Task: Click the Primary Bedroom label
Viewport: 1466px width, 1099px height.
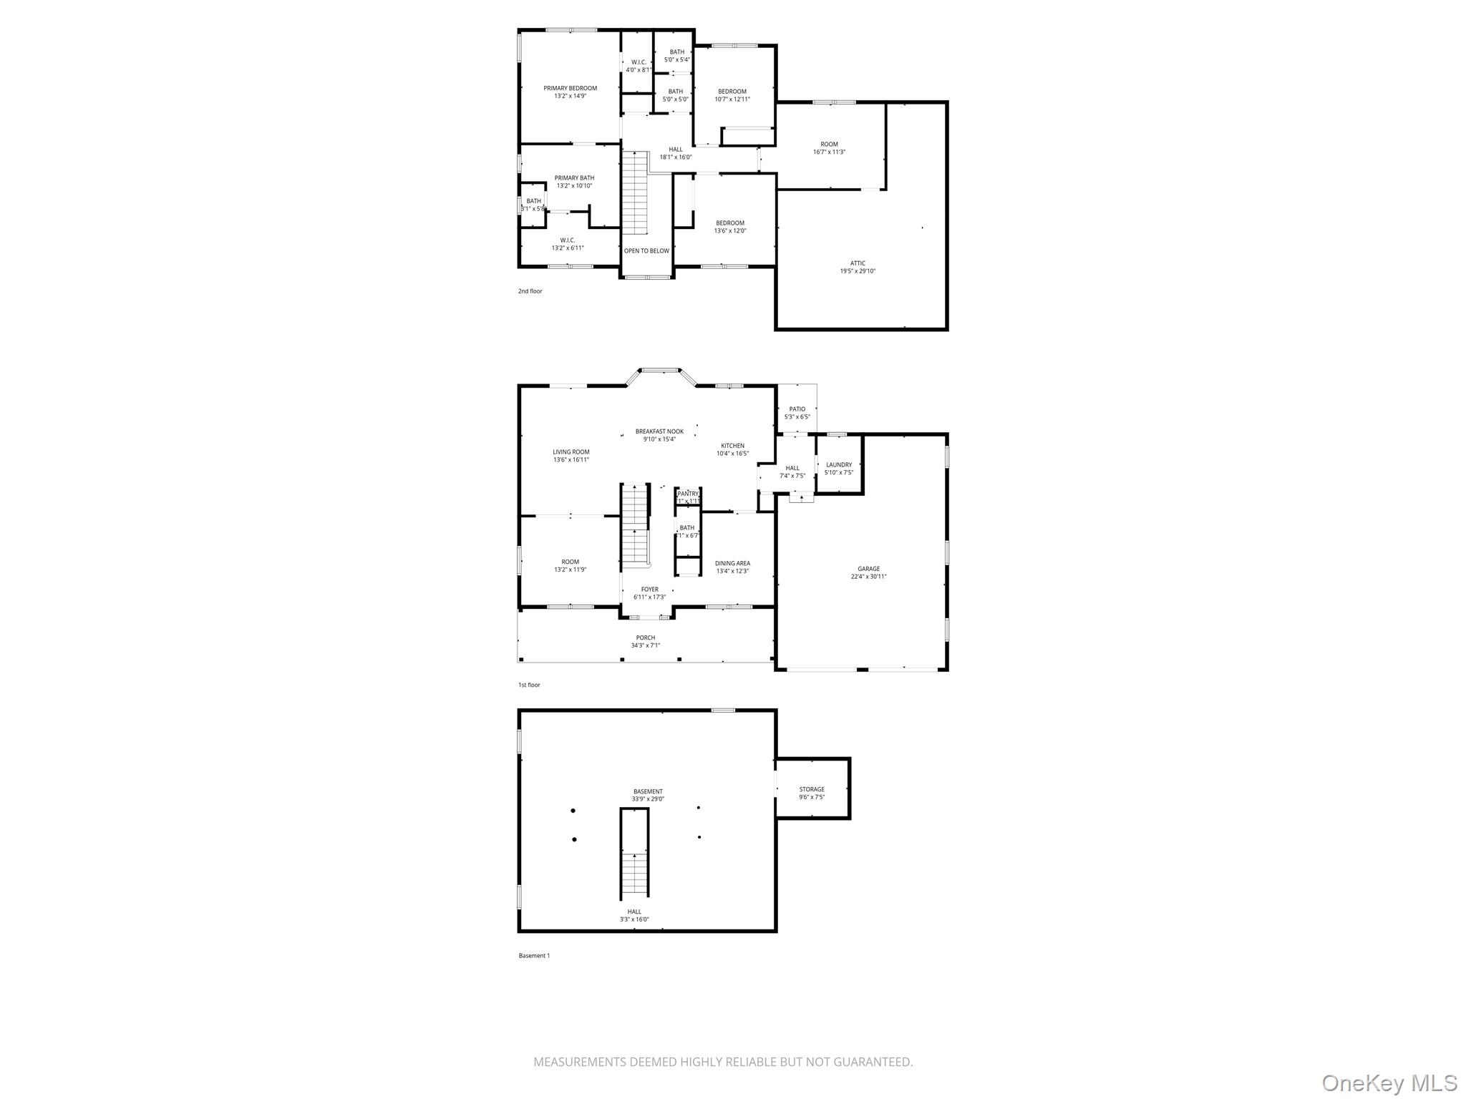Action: (x=570, y=89)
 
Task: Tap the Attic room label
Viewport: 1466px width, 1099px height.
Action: (x=858, y=263)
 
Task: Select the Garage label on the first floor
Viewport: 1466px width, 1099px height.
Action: (x=869, y=569)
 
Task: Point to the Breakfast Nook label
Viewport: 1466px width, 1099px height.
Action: (x=659, y=431)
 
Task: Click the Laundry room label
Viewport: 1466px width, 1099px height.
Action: (x=839, y=465)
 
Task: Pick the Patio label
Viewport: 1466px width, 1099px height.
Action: (x=797, y=409)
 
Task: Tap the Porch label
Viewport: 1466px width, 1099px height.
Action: (x=646, y=638)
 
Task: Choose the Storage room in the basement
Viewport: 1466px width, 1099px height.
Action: (x=812, y=789)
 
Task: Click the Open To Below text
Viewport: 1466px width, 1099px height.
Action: (x=646, y=251)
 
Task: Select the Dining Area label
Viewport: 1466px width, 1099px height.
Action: (x=732, y=563)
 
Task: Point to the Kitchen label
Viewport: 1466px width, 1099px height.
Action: (x=732, y=446)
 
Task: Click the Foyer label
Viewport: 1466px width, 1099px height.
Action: (x=649, y=590)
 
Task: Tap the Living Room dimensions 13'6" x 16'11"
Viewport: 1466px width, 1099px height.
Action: (x=571, y=460)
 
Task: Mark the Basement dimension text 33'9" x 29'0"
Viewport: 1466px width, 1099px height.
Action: (x=648, y=799)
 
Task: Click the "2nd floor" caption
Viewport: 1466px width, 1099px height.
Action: (x=530, y=291)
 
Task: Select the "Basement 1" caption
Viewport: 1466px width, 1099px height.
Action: (x=534, y=955)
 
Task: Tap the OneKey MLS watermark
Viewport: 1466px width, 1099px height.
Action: (x=1389, y=1083)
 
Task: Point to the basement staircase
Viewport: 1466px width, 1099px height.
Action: (x=634, y=874)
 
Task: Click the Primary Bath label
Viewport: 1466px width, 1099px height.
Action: (x=574, y=178)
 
